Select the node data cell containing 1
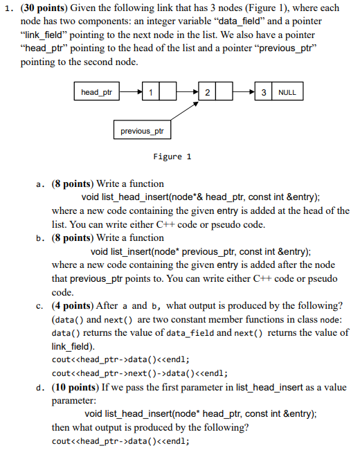click(152, 92)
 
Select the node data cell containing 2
click(207, 92)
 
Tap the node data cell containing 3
click(264, 92)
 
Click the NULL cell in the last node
click(287, 92)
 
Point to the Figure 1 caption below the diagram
click(168, 156)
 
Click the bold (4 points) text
click(76, 305)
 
